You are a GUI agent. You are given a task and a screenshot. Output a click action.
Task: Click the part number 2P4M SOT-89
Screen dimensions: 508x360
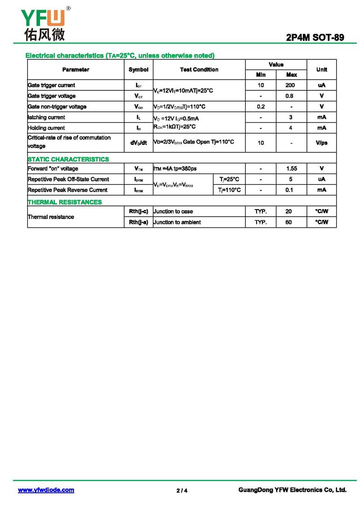(315, 37)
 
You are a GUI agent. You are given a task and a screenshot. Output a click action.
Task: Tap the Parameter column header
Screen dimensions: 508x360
(76, 70)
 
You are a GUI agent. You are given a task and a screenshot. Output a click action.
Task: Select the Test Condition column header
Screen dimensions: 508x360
(199, 70)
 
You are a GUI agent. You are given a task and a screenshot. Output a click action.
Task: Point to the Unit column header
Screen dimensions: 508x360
(321, 70)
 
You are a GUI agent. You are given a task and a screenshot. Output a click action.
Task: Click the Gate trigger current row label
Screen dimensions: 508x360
(51, 85)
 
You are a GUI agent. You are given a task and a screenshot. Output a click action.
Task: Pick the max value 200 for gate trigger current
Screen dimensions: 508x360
(291, 85)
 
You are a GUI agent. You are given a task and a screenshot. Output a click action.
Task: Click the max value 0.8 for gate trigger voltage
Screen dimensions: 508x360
(291, 96)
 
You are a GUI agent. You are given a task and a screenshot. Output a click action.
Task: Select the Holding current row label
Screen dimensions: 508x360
(46, 128)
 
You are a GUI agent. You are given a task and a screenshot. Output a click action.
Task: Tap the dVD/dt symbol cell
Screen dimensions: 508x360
(138, 143)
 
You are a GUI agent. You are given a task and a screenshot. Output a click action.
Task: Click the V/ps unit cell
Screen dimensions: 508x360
(321, 143)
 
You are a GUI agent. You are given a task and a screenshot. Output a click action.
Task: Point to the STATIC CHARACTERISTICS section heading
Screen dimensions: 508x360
(68, 159)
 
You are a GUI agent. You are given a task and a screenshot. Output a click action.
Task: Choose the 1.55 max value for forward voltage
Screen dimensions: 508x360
(291, 169)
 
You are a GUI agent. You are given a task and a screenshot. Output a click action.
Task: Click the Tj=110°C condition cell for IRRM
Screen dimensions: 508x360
(229, 190)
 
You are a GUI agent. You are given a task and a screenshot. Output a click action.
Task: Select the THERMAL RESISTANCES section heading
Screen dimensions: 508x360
(65, 202)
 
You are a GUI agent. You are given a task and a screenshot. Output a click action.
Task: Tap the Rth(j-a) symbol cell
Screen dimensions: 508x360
(138, 222)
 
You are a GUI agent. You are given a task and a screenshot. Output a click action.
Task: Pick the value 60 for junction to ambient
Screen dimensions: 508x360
(288, 222)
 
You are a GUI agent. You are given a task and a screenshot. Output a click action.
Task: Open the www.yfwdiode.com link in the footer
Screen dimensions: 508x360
(46, 490)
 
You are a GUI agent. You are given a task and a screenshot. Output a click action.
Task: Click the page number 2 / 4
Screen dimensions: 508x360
(182, 490)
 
